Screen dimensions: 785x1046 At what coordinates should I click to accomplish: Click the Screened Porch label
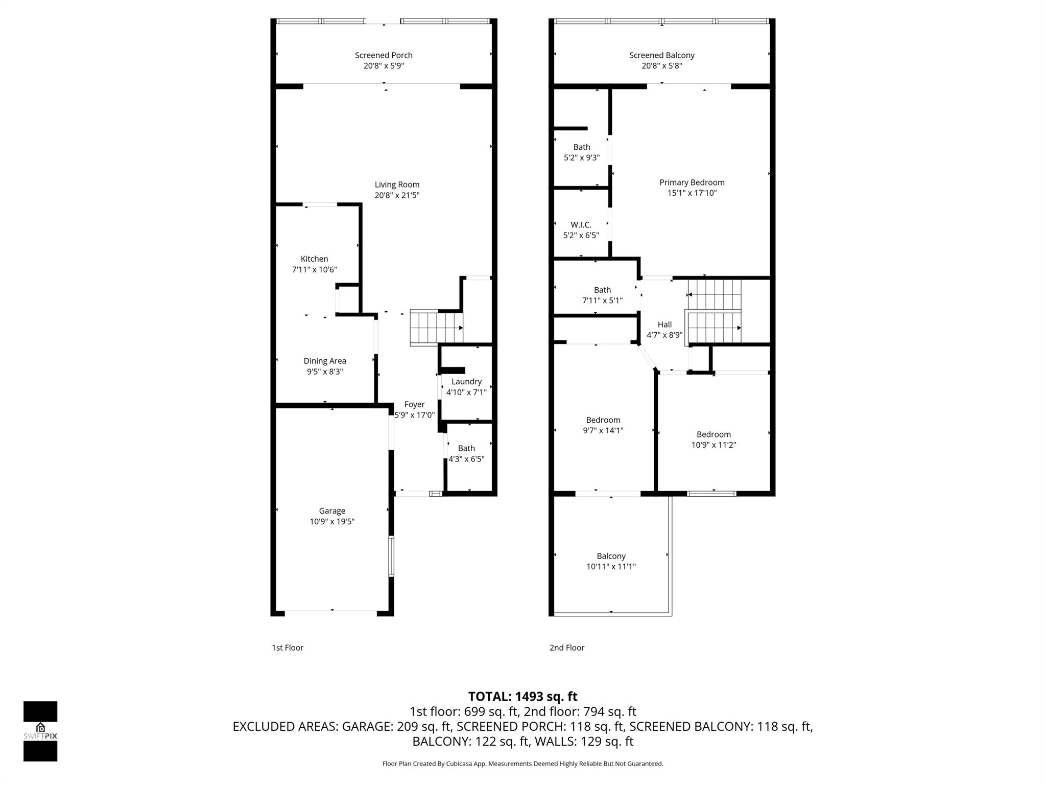[384, 55]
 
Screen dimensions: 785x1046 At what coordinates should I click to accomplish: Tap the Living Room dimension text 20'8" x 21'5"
[397, 195]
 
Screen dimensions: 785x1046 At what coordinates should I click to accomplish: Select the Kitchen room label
[314, 259]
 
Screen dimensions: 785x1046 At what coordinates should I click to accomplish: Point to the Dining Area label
[325, 361]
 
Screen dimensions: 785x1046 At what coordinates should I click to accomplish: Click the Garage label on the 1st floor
[332, 511]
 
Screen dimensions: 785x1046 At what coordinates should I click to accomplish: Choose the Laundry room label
[466, 382]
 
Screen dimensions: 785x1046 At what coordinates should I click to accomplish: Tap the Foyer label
[414, 404]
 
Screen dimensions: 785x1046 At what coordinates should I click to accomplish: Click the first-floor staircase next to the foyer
[436, 327]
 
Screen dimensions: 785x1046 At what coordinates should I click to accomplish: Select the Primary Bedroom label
[692, 182]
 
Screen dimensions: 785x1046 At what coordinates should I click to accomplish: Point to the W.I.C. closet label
[581, 225]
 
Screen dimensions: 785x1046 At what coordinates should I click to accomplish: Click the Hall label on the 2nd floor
[664, 325]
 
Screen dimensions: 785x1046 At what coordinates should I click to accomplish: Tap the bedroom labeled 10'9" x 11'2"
[714, 440]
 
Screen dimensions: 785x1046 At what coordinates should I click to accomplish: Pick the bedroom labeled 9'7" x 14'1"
[603, 425]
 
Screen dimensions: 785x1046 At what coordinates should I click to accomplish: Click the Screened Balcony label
[661, 55]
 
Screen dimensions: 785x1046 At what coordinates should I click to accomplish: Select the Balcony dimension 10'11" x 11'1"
[611, 566]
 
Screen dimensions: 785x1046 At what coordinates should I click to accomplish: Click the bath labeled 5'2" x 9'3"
[581, 152]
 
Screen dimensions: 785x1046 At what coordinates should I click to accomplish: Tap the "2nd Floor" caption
[566, 648]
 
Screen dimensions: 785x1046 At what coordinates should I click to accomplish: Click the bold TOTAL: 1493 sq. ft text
[522, 697]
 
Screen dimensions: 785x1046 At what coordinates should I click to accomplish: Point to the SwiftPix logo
[40, 731]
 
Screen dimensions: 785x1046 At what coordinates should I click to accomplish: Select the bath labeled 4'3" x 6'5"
[466, 454]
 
